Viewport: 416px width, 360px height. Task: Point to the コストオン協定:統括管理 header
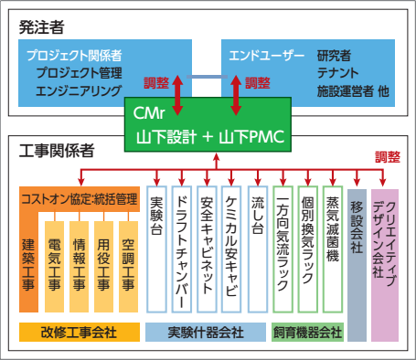(x=79, y=198)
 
